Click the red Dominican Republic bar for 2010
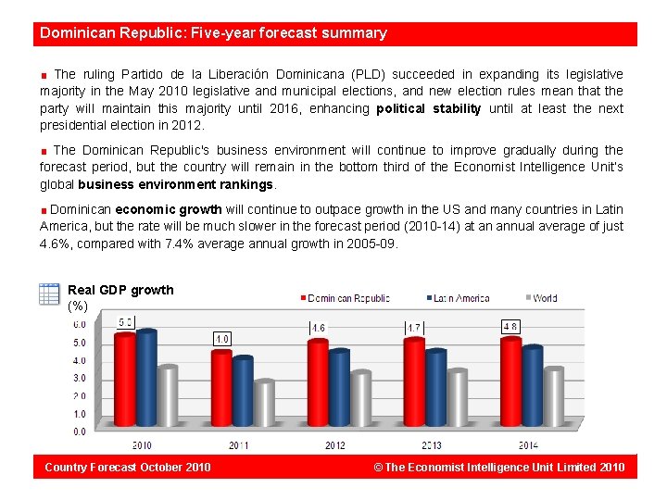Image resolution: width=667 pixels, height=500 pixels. tap(124, 380)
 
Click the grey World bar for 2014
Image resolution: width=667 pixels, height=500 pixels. tap(553, 397)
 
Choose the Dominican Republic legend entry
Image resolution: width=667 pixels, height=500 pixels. tap(344, 298)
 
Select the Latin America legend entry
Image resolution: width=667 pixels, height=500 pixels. tap(459, 298)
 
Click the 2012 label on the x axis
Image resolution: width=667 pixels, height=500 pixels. tap(335, 445)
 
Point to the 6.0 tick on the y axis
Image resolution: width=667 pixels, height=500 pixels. tap(80, 324)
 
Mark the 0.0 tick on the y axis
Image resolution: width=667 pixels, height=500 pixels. tap(80, 431)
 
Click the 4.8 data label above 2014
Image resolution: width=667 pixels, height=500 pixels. tap(510, 326)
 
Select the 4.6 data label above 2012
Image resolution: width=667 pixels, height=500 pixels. tap(318, 328)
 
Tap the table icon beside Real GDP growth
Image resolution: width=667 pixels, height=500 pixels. tap(50, 294)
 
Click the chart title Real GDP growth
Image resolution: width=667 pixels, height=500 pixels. tap(120, 290)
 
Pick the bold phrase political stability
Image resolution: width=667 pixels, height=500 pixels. tap(429, 108)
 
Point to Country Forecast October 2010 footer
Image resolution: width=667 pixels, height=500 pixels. tap(128, 467)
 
